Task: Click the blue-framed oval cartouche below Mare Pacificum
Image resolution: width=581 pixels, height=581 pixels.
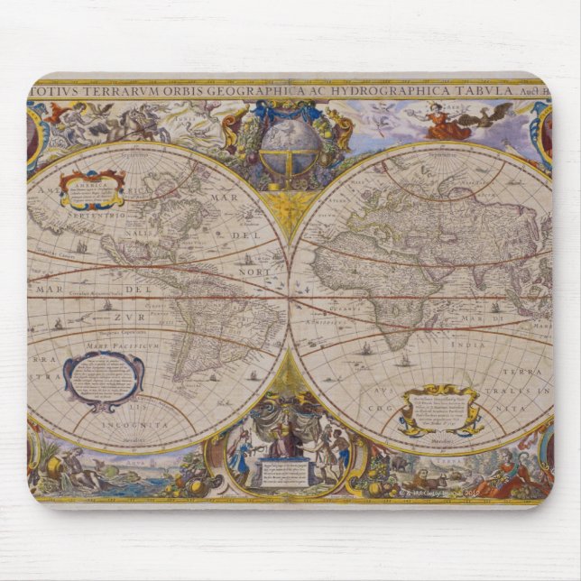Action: click(x=103, y=378)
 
